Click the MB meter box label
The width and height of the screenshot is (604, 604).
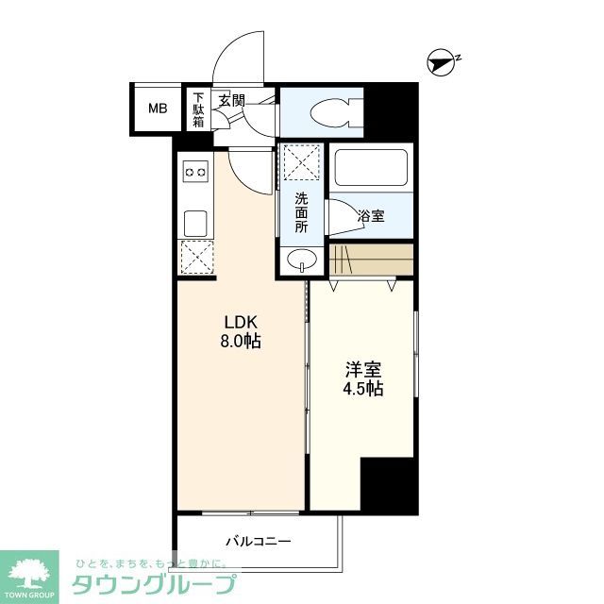[x=157, y=108]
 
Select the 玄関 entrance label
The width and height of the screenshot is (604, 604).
[x=231, y=99]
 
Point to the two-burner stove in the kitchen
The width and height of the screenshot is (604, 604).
[x=195, y=172]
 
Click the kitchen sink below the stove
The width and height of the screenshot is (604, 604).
[x=195, y=223]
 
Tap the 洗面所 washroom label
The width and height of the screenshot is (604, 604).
[x=301, y=212]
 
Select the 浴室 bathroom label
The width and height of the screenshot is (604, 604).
[x=370, y=217]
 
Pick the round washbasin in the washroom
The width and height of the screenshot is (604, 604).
[x=301, y=260]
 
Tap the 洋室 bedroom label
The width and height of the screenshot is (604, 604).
[x=363, y=369]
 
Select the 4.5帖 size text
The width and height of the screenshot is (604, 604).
[x=363, y=389]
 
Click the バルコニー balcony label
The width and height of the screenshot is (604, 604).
[x=258, y=542]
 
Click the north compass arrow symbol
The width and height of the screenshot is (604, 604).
[x=442, y=62]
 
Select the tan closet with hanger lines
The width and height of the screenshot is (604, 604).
[x=371, y=258]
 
